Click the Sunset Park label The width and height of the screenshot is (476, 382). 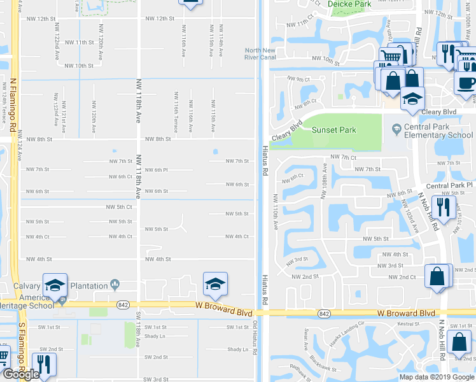pyautogui.click(x=333, y=130)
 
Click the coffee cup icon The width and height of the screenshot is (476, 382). pyautogui.click(x=466, y=83)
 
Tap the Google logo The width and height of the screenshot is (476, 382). pyautogui.click(x=20, y=374)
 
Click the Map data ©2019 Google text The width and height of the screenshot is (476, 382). pyautogui.click(x=437, y=377)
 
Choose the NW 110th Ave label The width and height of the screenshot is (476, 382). pyautogui.click(x=276, y=212)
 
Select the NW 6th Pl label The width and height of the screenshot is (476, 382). pyautogui.click(x=156, y=170)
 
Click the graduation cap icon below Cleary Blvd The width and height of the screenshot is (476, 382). pyautogui.click(x=412, y=99)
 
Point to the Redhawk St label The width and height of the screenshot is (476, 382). pyautogui.click(x=298, y=369)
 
